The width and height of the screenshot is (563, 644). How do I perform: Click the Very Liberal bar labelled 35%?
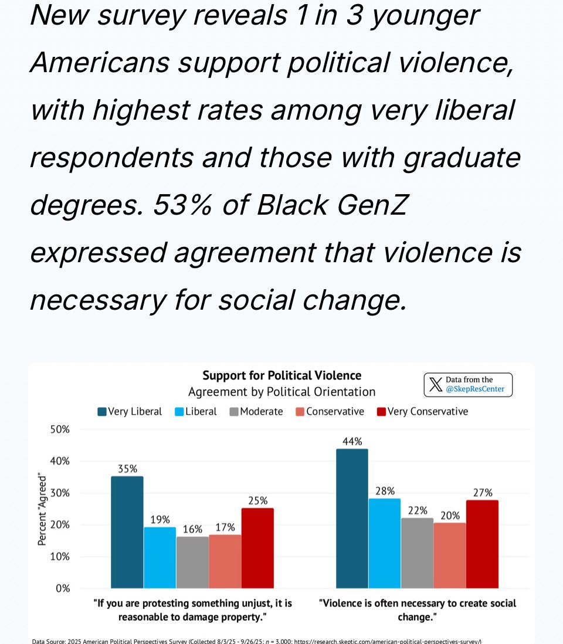[127, 532]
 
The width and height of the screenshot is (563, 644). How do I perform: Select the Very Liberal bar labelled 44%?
[352, 518]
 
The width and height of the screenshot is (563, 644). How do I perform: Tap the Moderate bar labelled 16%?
[192, 562]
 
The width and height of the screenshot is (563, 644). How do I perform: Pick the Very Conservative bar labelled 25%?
[257, 548]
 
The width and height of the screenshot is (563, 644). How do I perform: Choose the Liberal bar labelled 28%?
[384, 543]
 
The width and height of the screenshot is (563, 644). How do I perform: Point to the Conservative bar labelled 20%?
[450, 555]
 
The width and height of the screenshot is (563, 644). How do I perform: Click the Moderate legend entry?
[256, 412]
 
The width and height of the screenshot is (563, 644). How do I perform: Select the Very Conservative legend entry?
[422, 412]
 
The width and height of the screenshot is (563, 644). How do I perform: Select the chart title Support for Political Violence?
[281, 375]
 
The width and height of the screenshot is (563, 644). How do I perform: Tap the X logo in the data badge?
[435, 385]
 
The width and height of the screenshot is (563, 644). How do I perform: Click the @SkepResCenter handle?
[475, 389]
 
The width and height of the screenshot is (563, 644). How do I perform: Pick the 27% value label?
[483, 493]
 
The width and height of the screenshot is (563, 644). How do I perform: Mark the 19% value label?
[160, 520]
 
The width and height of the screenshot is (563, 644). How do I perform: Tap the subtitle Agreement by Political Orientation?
[281, 392]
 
